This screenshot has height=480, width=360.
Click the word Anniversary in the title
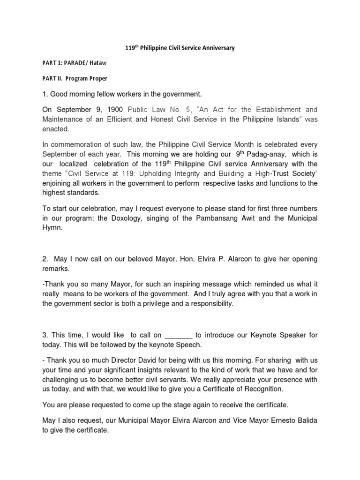point(215,48)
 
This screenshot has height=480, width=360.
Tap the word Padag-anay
point(269,154)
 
